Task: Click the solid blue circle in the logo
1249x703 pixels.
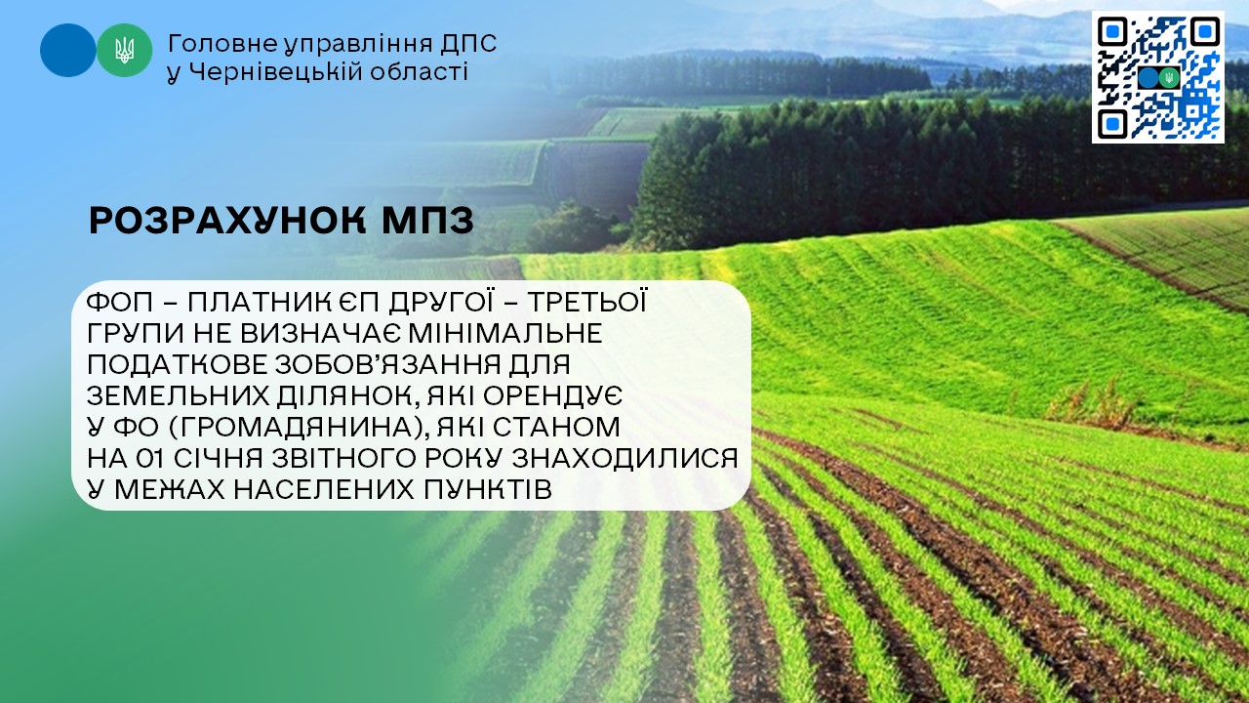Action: [68, 50]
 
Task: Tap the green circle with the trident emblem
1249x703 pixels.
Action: [124, 50]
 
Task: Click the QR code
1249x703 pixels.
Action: [1158, 77]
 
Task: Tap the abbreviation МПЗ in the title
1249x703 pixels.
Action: [427, 221]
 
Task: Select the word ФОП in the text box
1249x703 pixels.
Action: [120, 303]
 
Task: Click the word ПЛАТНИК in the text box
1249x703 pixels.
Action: [255, 303]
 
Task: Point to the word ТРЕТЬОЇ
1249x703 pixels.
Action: [587, 302]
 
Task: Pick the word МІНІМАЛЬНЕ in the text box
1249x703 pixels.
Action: [505, 334]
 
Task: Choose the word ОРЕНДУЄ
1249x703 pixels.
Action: [552, 395]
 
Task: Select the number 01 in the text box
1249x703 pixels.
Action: [150, 459]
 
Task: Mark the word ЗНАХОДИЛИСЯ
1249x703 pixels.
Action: [625, 459]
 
